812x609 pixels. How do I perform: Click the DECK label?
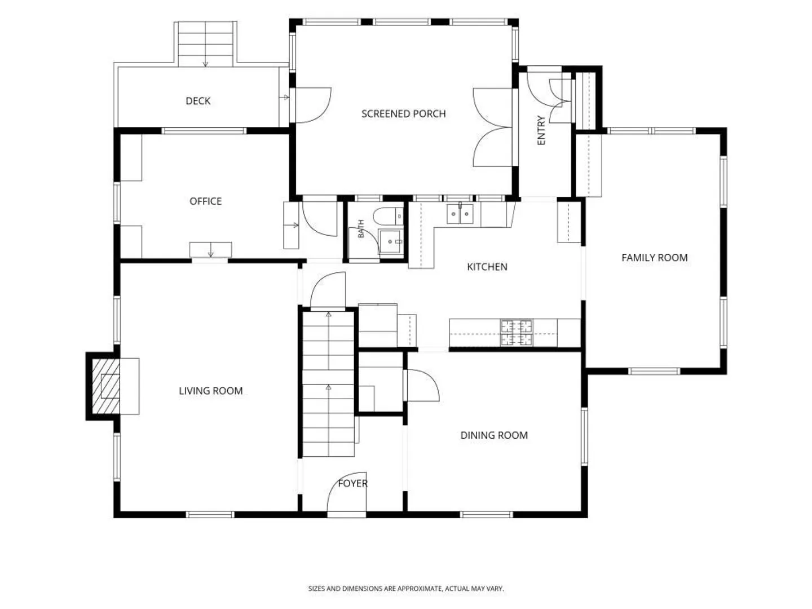198,100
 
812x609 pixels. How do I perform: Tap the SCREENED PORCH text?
404,113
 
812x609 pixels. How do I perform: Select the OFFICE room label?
205,201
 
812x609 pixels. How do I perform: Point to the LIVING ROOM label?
211,391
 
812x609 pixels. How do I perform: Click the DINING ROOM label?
494,435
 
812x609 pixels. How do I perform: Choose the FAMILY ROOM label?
655,258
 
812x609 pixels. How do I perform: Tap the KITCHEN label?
487,267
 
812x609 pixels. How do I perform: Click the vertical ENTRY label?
541,130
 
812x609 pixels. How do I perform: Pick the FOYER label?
352,483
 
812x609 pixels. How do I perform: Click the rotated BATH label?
361,229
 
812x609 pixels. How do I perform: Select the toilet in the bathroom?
388,217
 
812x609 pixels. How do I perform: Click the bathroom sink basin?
391,241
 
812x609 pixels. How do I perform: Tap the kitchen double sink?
460,214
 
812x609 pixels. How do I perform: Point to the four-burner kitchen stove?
517,333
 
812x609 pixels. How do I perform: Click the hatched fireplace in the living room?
106,386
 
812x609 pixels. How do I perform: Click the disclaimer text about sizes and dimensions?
406,588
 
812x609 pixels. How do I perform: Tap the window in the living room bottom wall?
210,514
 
